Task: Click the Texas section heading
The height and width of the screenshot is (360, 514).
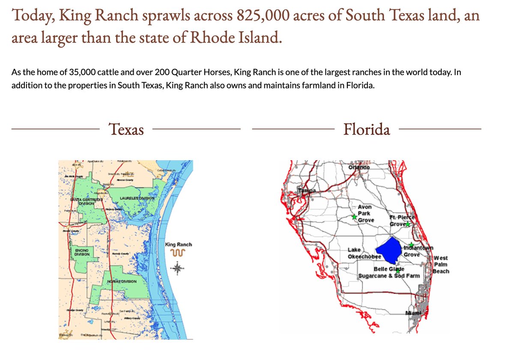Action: pos(126,129)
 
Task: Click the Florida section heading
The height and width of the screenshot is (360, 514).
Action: pos(367,129)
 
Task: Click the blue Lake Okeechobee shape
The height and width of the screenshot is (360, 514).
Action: pos(390,251)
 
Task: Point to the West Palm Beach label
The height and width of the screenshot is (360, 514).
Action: pos(441,264)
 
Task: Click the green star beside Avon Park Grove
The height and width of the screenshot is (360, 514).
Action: pos(354,217)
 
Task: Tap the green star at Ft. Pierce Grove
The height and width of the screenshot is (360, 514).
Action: pos(408,224)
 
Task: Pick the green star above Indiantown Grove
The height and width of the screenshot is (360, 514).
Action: pos(411,244)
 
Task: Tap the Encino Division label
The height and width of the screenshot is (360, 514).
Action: pos(81,252)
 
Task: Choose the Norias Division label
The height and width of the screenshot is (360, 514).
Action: pos(122,282)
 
